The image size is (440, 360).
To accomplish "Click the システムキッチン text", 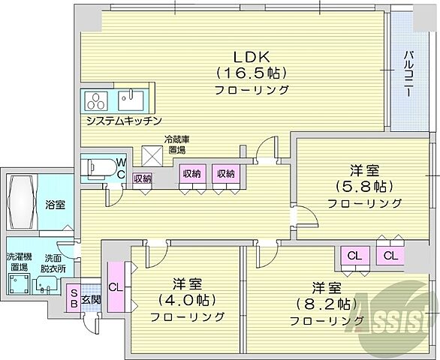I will pyautogui.click(x=123, y=121).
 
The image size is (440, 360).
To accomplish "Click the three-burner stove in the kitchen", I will pyautogui.click(x=98, y=100).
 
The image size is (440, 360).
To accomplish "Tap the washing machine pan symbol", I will pyautogui.click(x=19, y=284).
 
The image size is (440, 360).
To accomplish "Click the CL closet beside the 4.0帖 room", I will pyautogui.click(x=115, y=286).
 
